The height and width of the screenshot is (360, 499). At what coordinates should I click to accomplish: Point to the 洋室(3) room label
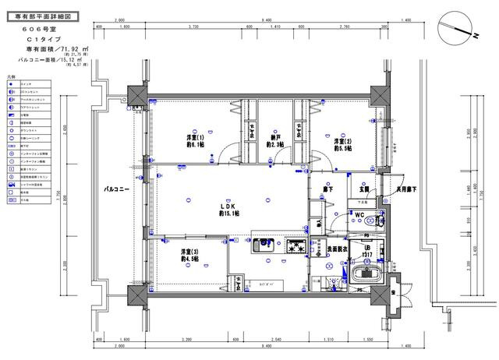click(189, 255)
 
